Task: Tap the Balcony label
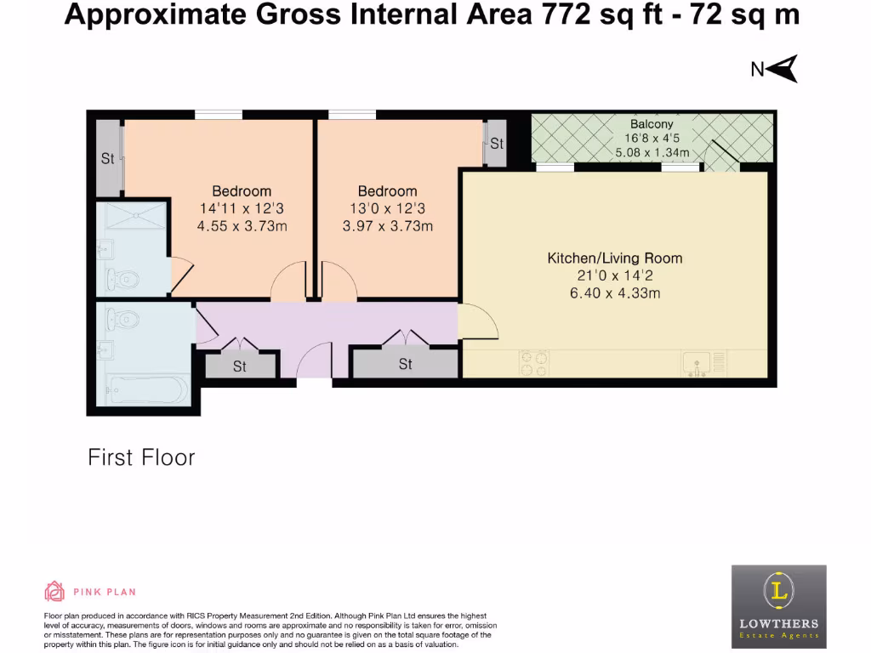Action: coord(652,124)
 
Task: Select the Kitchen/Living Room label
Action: coord(615,258)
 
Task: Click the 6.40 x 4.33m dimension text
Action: coord(615,293)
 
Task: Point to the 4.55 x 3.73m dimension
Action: coord(242,226)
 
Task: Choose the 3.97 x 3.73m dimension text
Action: coord(388,226)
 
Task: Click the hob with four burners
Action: coord(534,364)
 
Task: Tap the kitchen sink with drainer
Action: coord(703,364)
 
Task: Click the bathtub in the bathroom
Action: coord(147,390)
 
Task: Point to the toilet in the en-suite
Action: coord(122,279)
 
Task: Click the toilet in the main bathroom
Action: coord(122,320)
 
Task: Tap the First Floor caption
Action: coord(142,457)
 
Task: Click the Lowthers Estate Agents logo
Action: coord(779,606)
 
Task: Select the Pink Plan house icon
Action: coord(54,592)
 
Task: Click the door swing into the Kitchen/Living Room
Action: coord(478,321)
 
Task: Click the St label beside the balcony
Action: coord(497,144)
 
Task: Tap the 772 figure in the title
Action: coord(566,14)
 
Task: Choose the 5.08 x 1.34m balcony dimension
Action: coord(652,152)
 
